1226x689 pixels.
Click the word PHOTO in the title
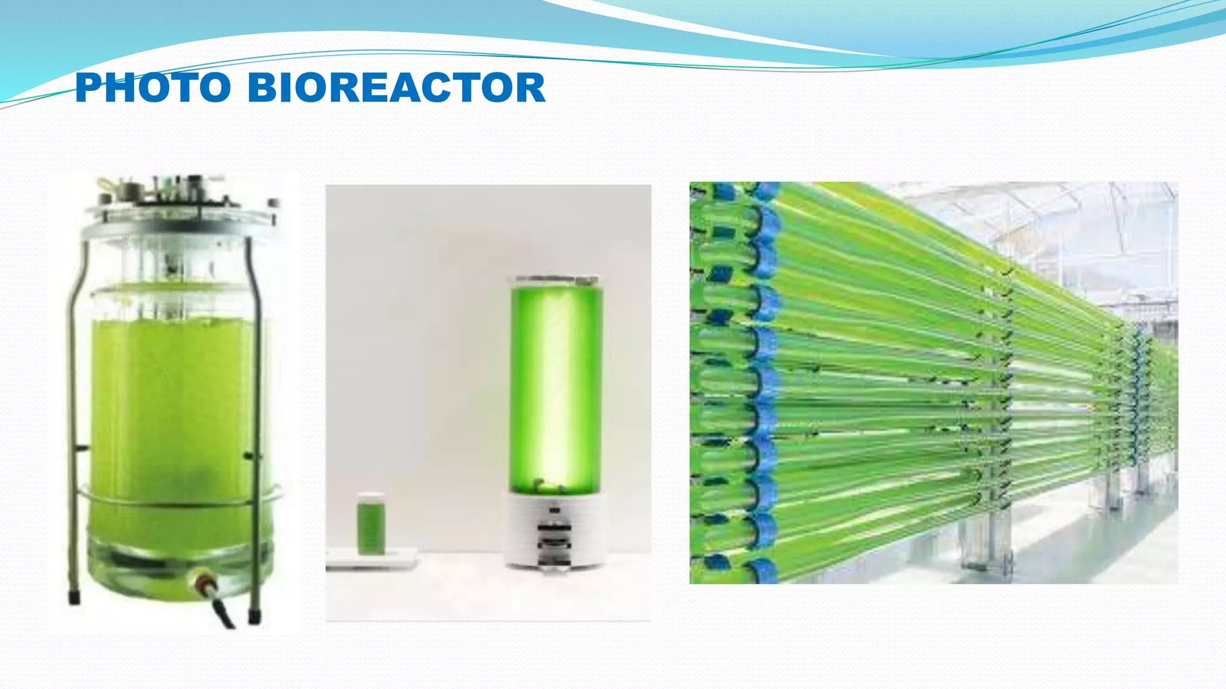153,87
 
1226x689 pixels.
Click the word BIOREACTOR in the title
396,87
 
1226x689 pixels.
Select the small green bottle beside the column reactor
371,524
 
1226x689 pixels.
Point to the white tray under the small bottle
371,560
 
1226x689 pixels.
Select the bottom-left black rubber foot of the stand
74,597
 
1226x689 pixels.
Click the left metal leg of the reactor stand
71,419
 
